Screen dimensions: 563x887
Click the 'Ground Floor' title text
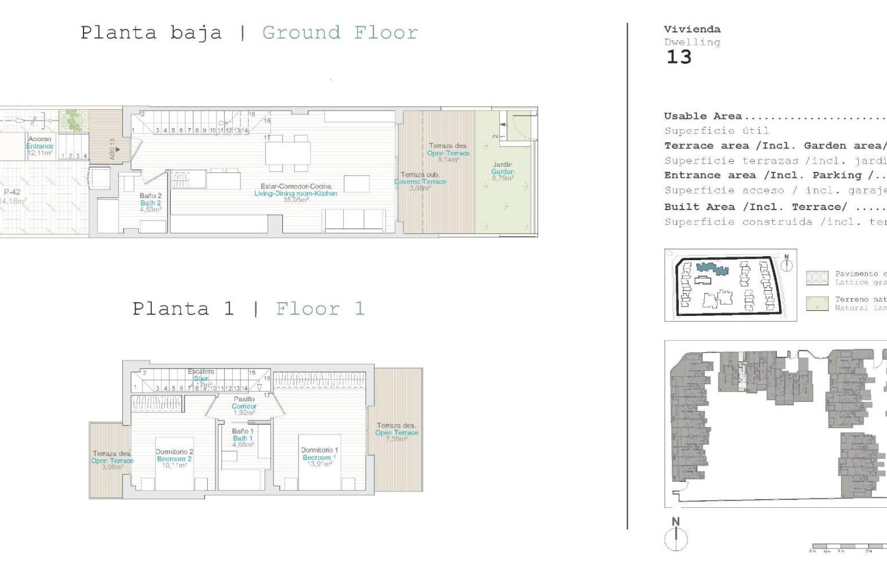[x=340, y=33]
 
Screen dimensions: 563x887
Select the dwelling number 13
[x=679, y=57]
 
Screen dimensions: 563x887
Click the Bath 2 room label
[x=150, y=203]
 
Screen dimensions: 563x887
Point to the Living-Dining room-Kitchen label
[x=295, y=193]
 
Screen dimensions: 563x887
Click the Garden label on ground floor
[x=502, y=171]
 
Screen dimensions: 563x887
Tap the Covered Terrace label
[x=420, y=181]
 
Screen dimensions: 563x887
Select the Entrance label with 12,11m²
[x=40, y=146]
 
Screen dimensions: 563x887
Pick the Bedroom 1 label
[x=319, y=457]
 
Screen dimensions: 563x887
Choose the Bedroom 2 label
[x=174, y=459]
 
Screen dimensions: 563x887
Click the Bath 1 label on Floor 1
[x=243, y=438]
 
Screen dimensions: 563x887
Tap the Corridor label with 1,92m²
[x=244, y=406]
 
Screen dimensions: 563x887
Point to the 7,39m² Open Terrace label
[x=397, y=432]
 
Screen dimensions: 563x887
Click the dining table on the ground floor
[x=287, y=153]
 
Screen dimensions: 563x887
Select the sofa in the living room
[x=354, y=219]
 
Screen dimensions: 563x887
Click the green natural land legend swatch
[x=817, y=303]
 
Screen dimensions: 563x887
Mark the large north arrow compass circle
[x=676, y=539]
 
